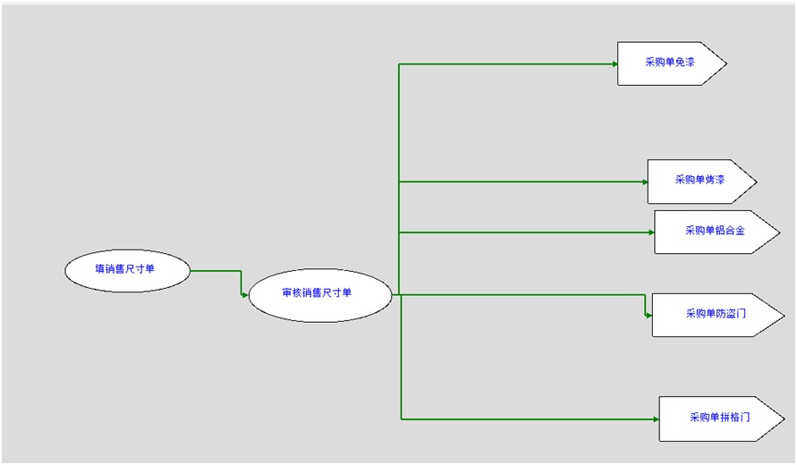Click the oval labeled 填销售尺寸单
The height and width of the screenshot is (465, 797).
click(x=128, y=270)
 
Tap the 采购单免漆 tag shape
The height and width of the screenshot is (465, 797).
click(x=670, y=63)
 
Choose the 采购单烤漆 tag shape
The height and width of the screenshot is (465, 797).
click(x=700, y=182)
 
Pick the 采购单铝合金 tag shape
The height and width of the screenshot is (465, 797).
click(x=715, y=232)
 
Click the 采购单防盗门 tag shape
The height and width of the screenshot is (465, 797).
click(x=716, y=315)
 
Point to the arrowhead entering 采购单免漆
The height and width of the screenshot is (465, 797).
click(x=615, y=63)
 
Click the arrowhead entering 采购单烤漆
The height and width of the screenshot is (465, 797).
click(x=645, y=182)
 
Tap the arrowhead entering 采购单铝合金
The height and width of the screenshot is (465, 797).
click(x=651, y=232)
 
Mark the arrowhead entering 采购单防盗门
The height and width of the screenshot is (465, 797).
click(x=649, y=315)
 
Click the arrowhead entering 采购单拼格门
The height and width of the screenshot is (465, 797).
click(x=657, y=418)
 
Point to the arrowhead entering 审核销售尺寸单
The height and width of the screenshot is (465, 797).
click(x=245, y=294)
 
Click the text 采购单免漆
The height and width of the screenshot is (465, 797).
click(x=669, y=63)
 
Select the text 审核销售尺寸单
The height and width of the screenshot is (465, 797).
click(x=317, y=292)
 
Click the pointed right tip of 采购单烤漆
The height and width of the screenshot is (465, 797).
click(x=756, y=182)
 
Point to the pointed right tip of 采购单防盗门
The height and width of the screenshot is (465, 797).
click(x=784, y=315)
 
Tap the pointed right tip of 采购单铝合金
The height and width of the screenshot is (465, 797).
click(x=779, y=232)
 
